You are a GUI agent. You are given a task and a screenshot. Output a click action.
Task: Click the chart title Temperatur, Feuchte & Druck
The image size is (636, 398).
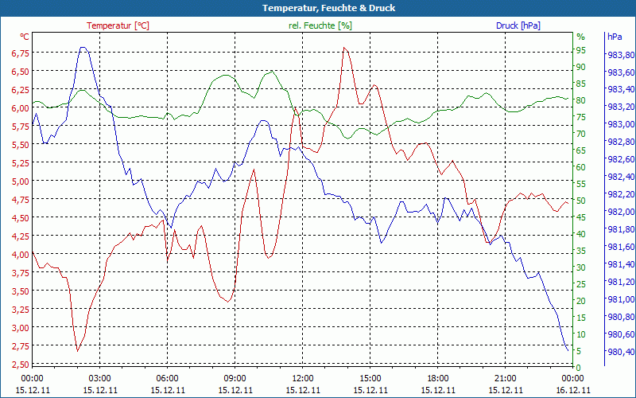point(318,8)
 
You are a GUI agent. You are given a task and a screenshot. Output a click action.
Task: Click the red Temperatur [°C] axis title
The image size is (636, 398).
point(118,25)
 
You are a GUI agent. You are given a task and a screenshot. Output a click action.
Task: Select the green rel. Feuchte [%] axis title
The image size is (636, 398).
point(320,25)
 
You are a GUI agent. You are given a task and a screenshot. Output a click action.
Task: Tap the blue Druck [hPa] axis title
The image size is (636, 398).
point(518,25)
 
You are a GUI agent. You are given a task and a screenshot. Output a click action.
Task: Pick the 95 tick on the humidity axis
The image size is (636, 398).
point(580,50)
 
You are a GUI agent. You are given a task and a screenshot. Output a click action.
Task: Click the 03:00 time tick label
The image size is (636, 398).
point(99,378)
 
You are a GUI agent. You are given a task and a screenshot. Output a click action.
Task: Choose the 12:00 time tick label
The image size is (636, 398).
point(302,378)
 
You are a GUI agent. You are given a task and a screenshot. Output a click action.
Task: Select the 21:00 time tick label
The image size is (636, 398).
point(505,378)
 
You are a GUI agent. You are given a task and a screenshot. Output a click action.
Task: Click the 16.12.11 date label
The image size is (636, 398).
point(572,390)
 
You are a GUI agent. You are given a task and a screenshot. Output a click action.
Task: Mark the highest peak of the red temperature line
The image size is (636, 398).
point(344,48)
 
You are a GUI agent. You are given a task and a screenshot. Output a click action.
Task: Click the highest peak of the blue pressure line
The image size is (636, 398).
point(83,48)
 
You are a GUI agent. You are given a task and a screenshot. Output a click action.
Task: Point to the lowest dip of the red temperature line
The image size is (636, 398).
point(77,350)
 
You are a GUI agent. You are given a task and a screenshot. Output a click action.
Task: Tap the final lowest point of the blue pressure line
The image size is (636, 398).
point(568,350)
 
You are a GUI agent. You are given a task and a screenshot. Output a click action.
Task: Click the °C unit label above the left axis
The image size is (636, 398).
point(25,37)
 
